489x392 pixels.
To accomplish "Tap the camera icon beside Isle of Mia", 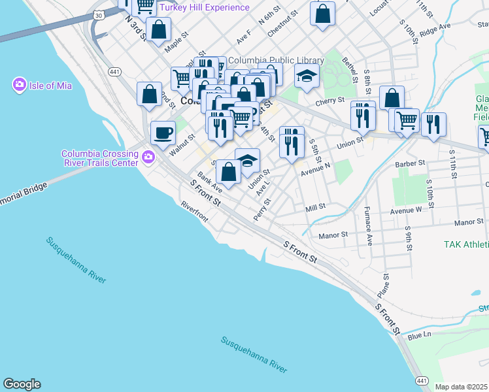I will [x=19, y=84].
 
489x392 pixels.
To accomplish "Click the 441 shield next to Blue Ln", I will [x=422, y=381].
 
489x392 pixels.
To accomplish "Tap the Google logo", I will [x=22, y=384].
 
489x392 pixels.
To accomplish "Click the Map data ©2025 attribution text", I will [x=462, y=387].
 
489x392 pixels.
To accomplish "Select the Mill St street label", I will [x=315, y=208].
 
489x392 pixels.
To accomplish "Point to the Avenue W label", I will [x=406, y=210].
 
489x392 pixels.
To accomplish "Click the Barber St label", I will [x=411, y=163].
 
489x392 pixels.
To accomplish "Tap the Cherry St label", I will [x=329, y=101].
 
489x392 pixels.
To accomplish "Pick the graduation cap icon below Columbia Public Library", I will [x=307, y=76].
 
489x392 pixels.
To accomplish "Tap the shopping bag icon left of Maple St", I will [x=159, y=29].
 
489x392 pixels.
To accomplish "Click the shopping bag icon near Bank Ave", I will [x=228, y=172].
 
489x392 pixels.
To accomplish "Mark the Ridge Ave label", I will [x=436, y=27].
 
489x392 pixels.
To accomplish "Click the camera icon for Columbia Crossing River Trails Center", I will [x=148, y=157].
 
